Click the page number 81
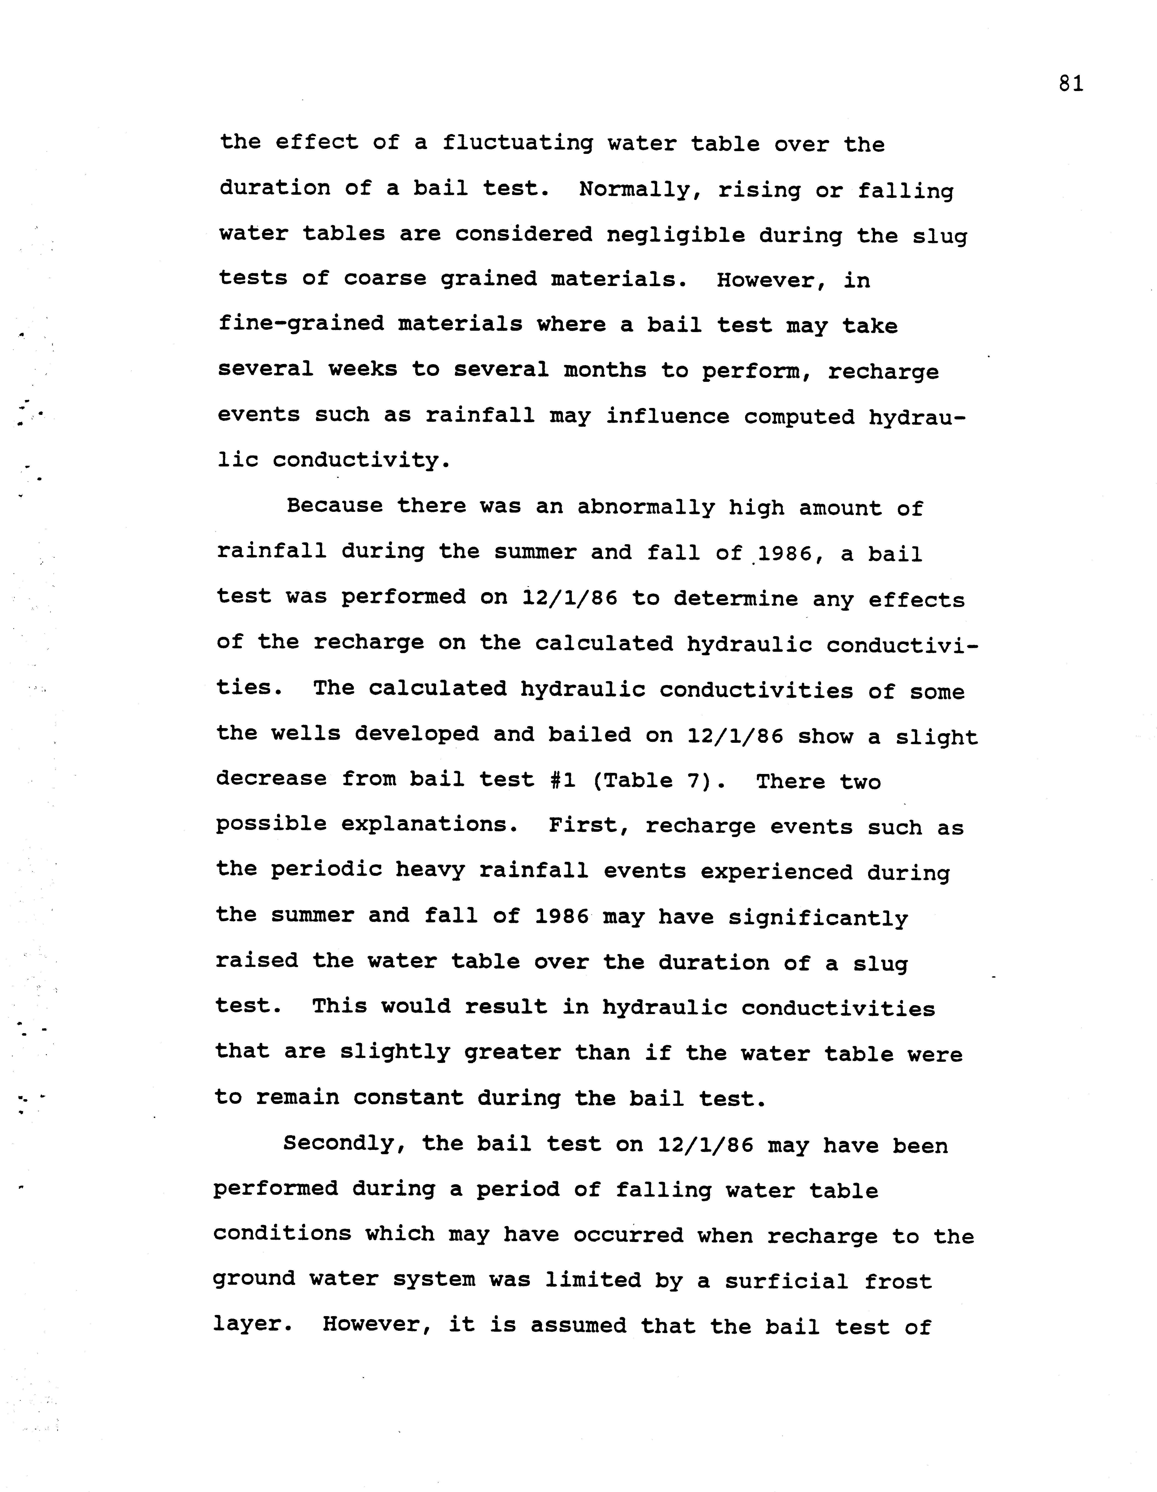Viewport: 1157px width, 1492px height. click(x=1070, y=84)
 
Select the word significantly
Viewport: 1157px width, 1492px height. click(x=818, y=918)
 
